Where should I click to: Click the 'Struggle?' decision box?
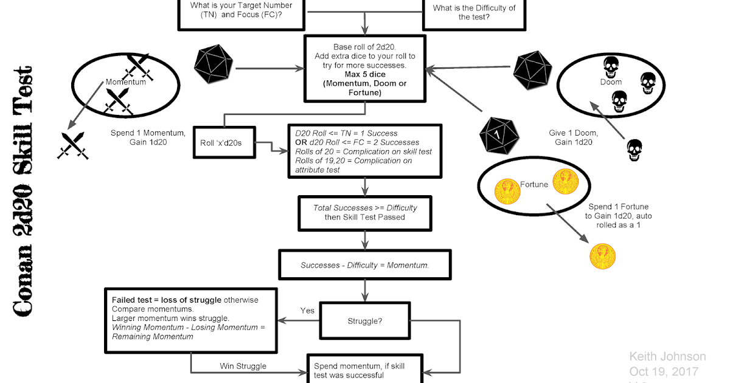click(364, 322)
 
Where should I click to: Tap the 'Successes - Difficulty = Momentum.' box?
click(364, 266)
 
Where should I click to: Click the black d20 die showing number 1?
click(499, 136)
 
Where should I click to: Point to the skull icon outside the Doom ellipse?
click(634, 150)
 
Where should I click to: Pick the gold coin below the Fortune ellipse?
click(602, 256)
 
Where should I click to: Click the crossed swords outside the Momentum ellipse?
click(73, 145)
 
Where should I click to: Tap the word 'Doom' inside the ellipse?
click(611, 81)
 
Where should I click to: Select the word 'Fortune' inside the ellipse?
click(535, 184)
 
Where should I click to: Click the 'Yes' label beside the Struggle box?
click(307, 311)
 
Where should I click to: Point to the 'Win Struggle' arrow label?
click(243, 366)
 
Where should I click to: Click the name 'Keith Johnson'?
click(667, 357)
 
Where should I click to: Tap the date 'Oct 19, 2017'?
click(664, 371)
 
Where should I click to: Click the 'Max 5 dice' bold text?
click(365, 74)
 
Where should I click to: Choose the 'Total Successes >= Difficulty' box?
click(364, 212)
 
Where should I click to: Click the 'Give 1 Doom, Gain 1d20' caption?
click(573, 137)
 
